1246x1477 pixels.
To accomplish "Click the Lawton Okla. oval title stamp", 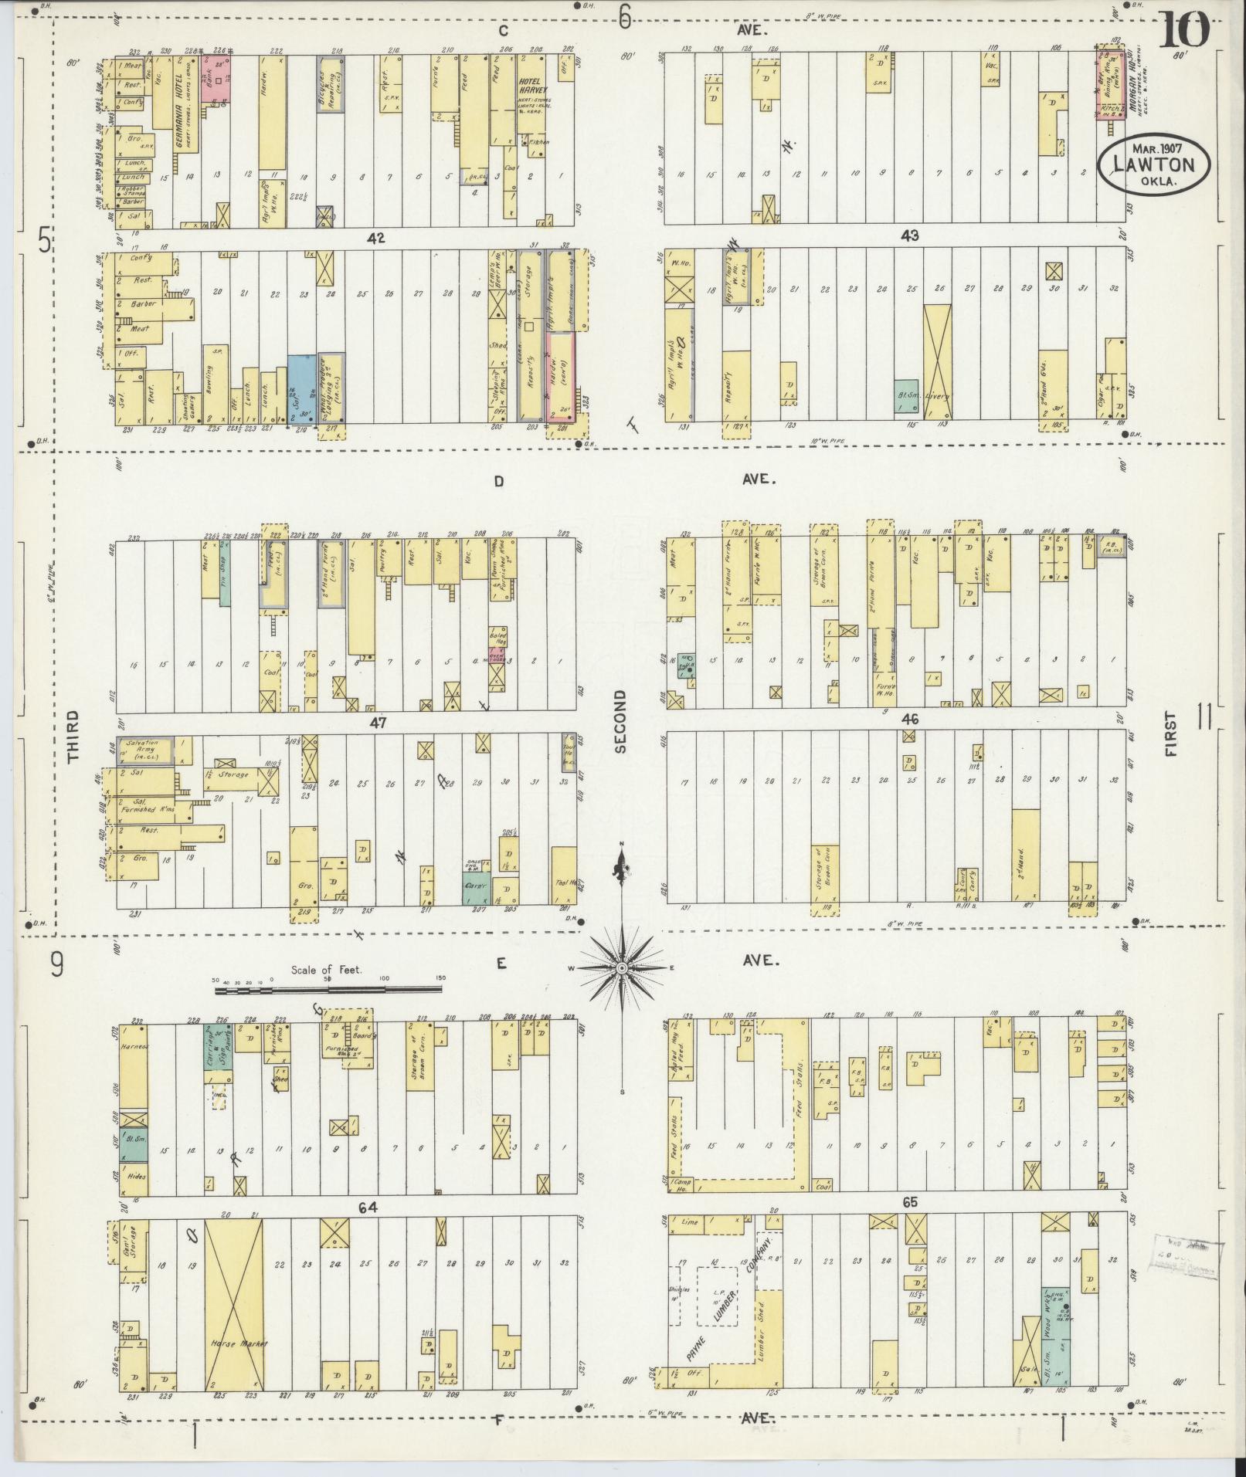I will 1155,164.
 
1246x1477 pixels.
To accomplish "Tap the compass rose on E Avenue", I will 622,967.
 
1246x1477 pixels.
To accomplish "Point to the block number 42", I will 376,237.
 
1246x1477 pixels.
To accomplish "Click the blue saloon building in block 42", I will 300,388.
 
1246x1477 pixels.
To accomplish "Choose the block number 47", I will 377,723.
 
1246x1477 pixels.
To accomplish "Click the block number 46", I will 910,719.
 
